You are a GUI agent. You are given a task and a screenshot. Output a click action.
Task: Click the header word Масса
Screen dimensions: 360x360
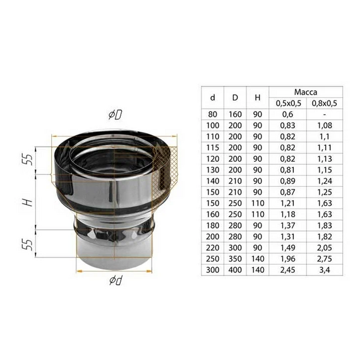coord(306,92)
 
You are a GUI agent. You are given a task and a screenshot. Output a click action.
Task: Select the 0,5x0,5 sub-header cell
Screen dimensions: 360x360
coord(287,103)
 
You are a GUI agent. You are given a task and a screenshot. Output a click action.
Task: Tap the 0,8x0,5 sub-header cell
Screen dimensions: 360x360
coord(324,103)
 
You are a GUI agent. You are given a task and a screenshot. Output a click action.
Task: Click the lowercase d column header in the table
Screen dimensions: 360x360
coord(212,97)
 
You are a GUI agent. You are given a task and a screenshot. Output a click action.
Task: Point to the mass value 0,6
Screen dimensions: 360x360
coord(287,114)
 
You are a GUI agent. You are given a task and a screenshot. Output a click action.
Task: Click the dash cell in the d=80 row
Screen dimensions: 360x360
coord(324,114)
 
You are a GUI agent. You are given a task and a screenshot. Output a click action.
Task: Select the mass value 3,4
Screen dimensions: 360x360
coord(324,270)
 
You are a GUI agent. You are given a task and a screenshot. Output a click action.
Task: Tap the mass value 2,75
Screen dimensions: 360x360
coord(324,259)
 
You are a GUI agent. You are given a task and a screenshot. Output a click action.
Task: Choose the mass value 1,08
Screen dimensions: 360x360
coord(324,126)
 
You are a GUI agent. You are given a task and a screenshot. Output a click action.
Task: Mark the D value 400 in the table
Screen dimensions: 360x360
coord(235,270)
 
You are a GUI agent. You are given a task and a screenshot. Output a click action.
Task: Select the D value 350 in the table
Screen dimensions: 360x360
coord(235,259)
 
